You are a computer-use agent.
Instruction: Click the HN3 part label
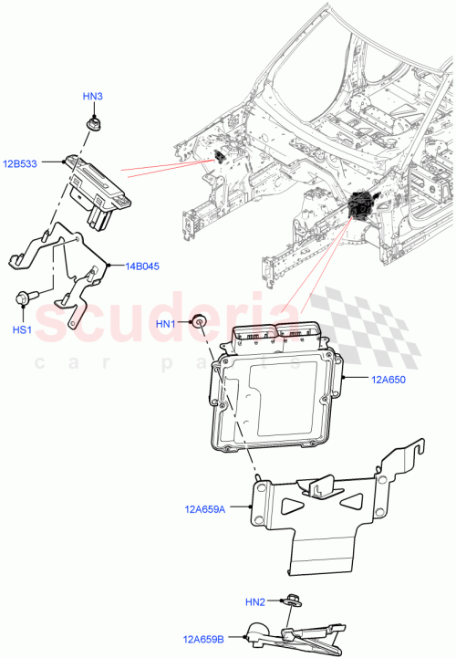93,96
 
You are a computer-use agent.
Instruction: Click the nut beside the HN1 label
194,320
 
